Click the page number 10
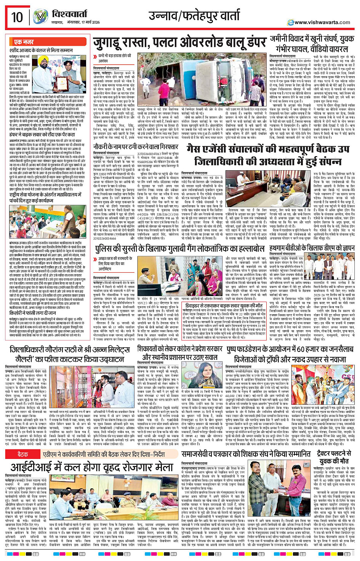click(x=17, y=17)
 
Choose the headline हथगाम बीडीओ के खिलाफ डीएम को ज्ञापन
click(x=312, y=249)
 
